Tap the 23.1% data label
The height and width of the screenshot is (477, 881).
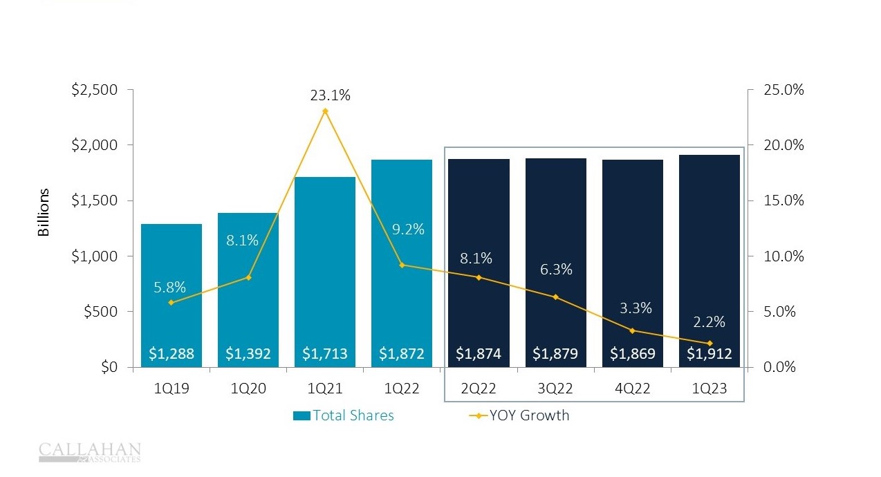pos(330,95)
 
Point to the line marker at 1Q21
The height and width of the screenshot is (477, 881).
pos(325,111)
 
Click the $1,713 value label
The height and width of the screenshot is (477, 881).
pos(325,355)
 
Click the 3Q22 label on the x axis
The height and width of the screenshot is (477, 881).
pos(555,389)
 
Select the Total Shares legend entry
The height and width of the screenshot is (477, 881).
pos(344,415)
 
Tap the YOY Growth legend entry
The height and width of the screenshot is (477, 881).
pos(519,415)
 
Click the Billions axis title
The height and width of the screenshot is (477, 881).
pos(44,212)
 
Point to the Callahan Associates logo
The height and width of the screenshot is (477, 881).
pos(90,452)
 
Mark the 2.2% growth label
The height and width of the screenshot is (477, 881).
pos(709,321)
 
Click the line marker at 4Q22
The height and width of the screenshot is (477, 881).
pos(632,330)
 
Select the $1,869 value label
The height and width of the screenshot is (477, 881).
pos(632,355)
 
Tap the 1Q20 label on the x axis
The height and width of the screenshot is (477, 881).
pos(248,389)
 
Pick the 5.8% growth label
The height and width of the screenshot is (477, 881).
pos(169,287)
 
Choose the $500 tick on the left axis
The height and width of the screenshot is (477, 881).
pos(100,312)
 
